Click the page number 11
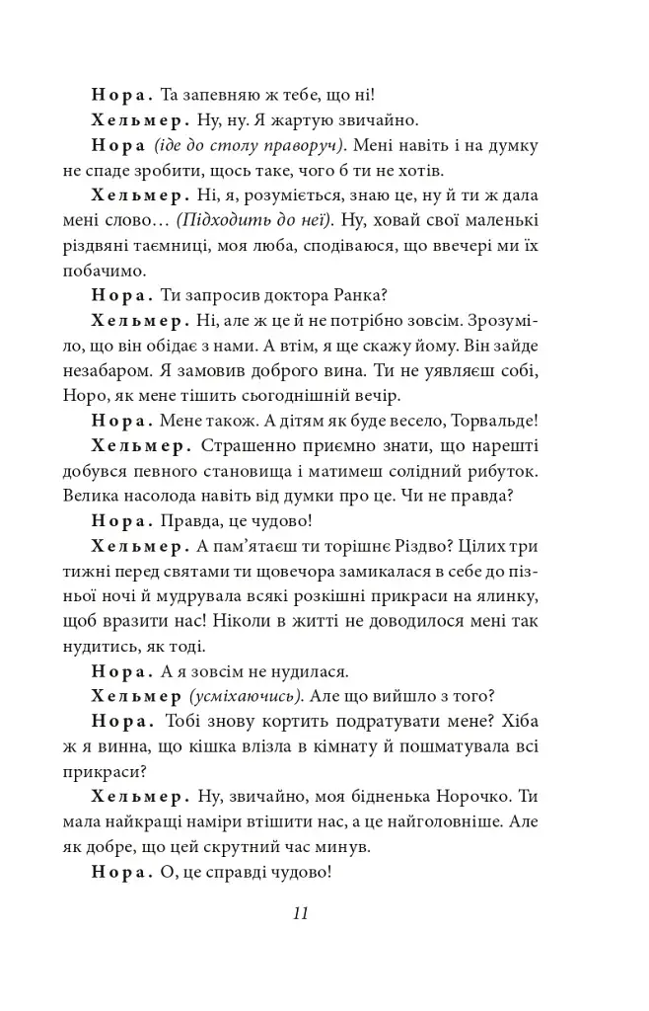coord(301,912)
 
